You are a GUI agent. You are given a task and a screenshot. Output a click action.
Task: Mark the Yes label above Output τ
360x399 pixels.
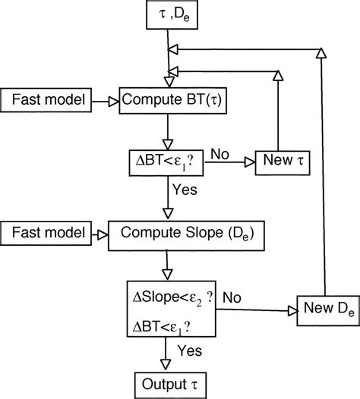coord(189,350)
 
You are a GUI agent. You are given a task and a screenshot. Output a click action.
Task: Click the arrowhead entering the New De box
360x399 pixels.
coord(292,309)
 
